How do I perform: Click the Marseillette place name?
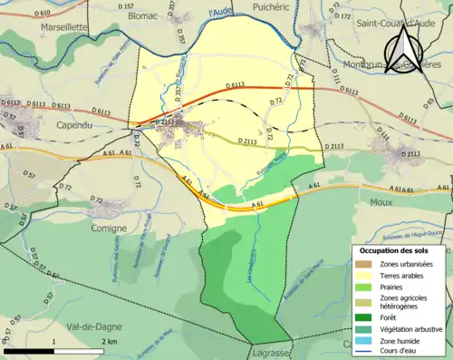coord(63,27)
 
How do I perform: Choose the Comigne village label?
coord(109,229)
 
